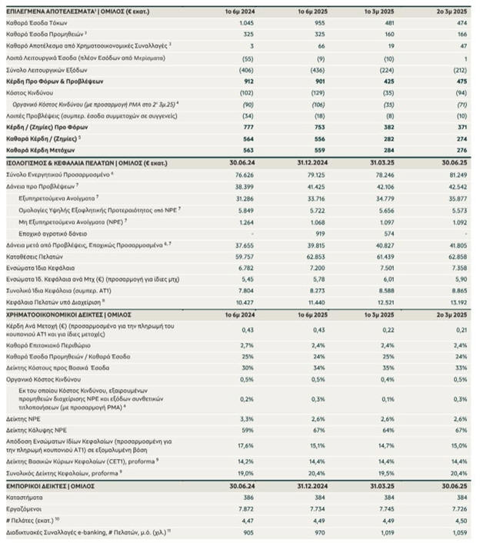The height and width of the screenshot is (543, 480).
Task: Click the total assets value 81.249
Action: pyautogui.click(x=457, y=175)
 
